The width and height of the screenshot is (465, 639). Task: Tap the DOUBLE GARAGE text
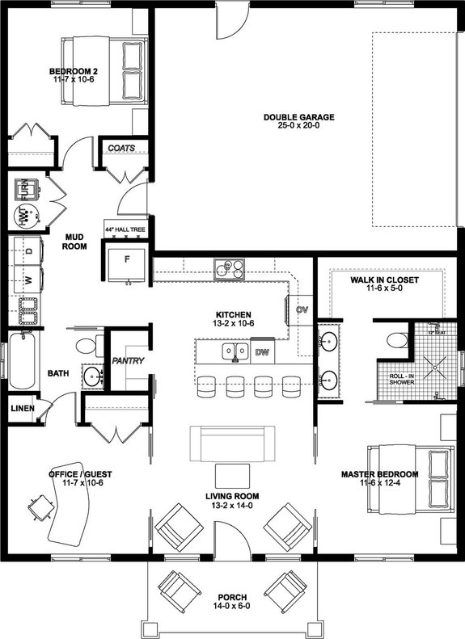point(298,117)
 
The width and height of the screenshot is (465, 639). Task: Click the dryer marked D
point(29,251)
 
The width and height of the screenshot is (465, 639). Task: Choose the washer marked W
point(29,281)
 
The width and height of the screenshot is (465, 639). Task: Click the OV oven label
point(302,309)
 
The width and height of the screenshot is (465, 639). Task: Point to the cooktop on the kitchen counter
point(230,268)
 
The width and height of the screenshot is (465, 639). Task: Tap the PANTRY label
point(128,360)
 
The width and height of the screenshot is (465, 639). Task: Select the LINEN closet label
point(22,409)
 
